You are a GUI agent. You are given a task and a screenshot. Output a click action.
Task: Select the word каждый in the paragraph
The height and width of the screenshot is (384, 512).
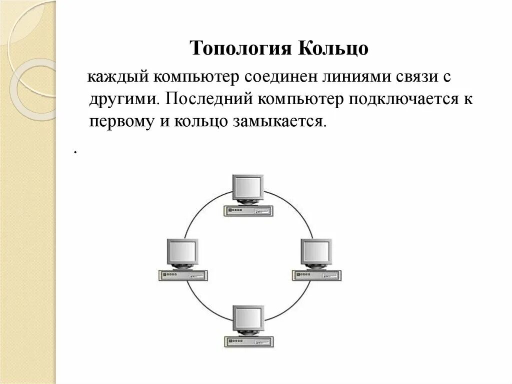117,79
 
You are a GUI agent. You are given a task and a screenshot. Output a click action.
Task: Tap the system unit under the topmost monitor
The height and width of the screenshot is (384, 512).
248,210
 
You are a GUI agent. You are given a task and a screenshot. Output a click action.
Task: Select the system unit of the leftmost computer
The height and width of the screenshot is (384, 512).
182,275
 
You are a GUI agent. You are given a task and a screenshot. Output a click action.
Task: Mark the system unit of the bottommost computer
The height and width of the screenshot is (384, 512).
248,340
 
